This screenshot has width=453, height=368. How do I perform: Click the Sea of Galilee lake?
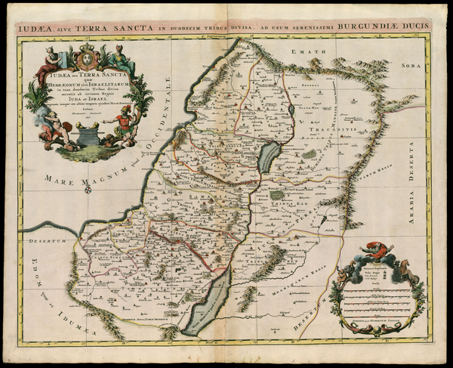tap(267, 158)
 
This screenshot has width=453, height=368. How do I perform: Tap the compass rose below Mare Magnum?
tap(89, 189)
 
